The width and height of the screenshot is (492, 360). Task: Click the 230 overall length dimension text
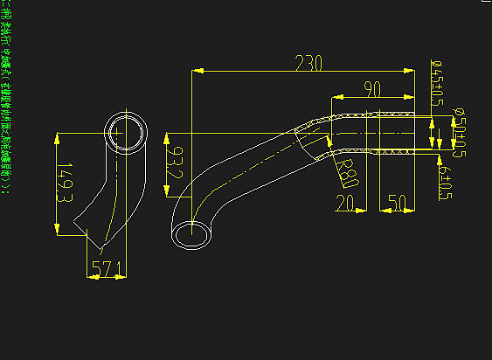tap(309, 64)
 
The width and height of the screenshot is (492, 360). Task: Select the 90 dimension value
tap(373, 88)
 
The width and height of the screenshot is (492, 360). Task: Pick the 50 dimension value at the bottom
tap(397, 204)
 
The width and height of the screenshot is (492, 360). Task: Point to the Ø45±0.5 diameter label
tap(436, 84)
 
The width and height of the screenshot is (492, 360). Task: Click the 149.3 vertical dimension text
tap(64, 183)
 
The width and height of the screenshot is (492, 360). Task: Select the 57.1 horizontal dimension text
tap(106, 271)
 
